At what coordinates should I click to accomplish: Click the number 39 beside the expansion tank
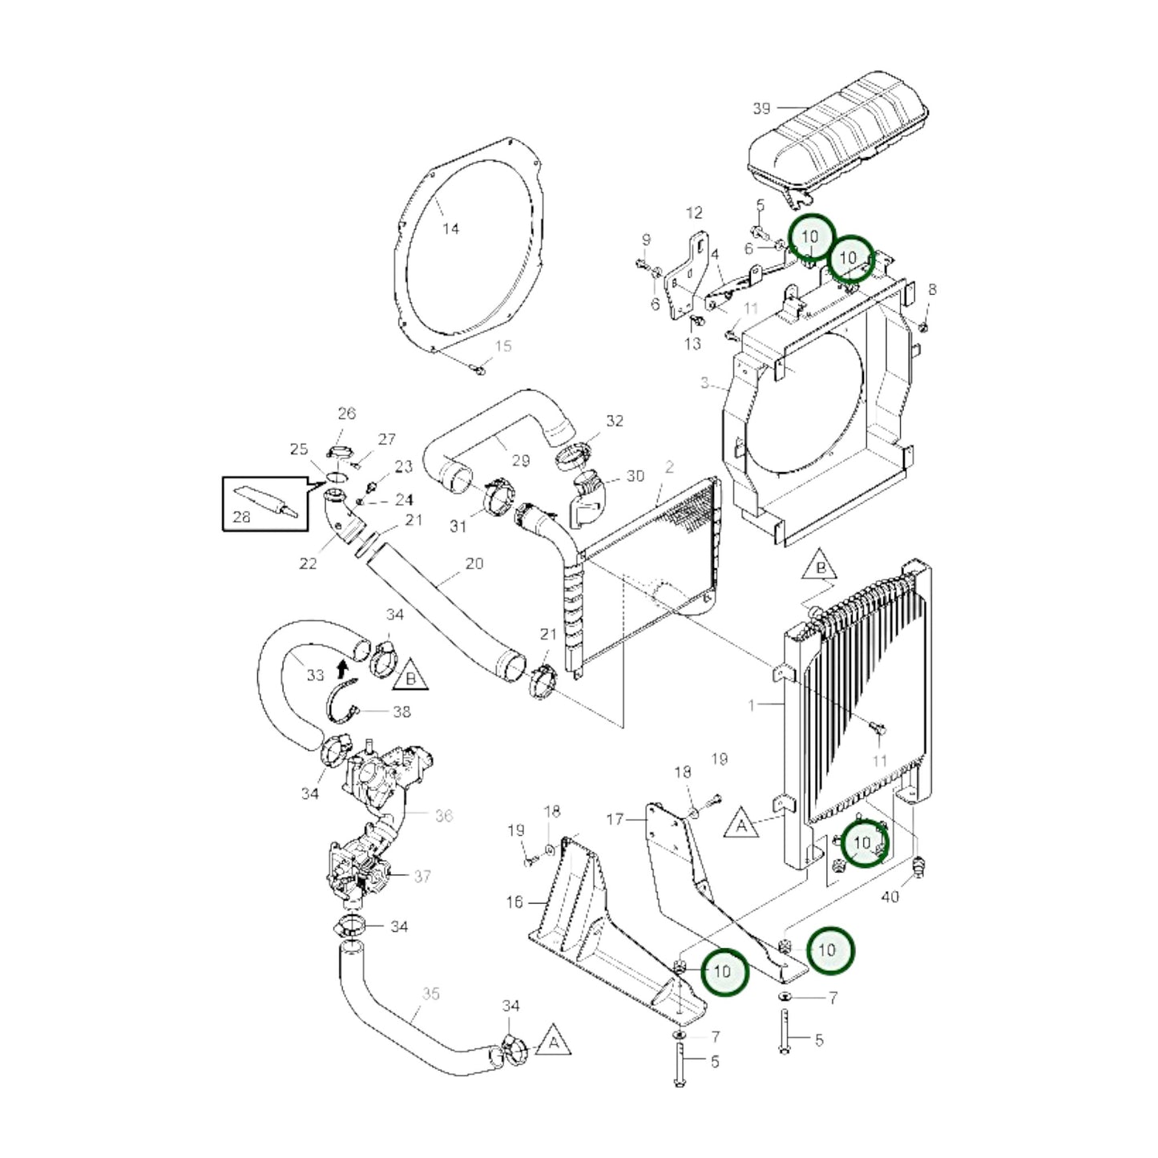pyautogui.click(x=761, y=107)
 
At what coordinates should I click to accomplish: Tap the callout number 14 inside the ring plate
pyautogui.click(x=451, y=229)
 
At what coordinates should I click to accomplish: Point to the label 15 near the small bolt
pyautogui.click(x=502, y=346)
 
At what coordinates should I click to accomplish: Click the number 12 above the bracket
pyautogui.click(x=694, y=212)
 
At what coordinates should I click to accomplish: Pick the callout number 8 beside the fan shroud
pyautogui.click(x=931, y=289)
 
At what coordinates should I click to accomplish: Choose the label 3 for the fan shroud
pyautogui.click(x=704, y=383)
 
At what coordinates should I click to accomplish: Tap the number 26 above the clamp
pyautogui.click(x=346, y=414)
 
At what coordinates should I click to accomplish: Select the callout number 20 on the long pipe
pyautogui.click(x=474, y=563)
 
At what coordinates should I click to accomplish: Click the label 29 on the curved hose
pyautogui.click(x=521, y=460)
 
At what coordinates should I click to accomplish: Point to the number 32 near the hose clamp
pyautogui.click(x=615, y=421)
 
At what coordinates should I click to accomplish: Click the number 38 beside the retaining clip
pyautogui.click(x=401, y=711)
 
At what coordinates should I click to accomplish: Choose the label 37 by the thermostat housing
pyautogui.click(x=422, y=876)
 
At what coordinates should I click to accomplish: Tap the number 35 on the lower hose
pyautogui.click(x=431, y=994)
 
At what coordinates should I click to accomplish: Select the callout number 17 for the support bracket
pyautogui.click(x=615, y=819)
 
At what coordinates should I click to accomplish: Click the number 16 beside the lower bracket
pyautogui.click(x=514, y=902)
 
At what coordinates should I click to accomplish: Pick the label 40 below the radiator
pyautogui.click(x=890, y=897)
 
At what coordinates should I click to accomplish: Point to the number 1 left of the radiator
pyautogui.click(x=751, y=705)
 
